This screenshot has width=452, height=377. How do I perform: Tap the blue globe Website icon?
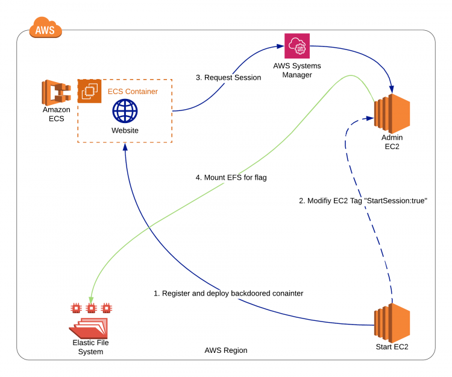[125, 112]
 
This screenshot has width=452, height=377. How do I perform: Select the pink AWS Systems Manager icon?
[297, 46]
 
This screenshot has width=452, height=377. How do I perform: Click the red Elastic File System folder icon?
[90, 326]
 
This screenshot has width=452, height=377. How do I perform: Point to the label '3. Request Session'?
[228, 77]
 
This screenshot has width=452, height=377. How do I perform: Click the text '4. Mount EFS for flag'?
[231, 178]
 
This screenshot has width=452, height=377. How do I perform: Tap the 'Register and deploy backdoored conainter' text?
[228, 293]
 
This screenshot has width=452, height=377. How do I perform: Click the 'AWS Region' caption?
[226, 350]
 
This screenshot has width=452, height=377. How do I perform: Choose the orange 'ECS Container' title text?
[133, 92]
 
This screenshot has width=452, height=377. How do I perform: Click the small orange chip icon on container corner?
[89, 90]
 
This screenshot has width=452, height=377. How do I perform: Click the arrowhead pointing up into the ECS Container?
[125, 148]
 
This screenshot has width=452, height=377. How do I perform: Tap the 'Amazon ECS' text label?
[56, 113]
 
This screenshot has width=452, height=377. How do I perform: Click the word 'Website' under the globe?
[125, 130]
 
